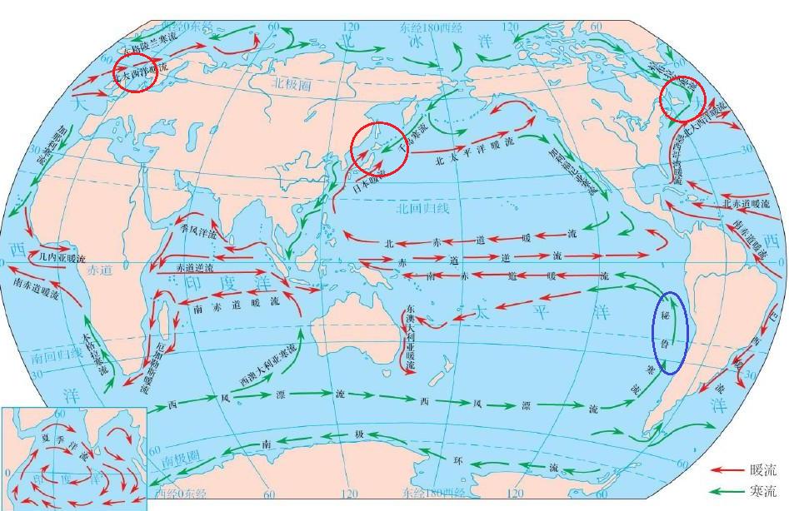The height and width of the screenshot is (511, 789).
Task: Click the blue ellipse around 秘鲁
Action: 671,332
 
